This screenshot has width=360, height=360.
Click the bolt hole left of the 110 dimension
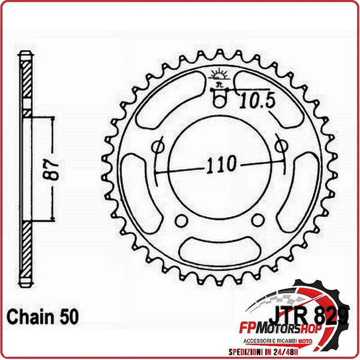pos(159,146)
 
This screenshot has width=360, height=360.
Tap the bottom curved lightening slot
pos(218,247)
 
